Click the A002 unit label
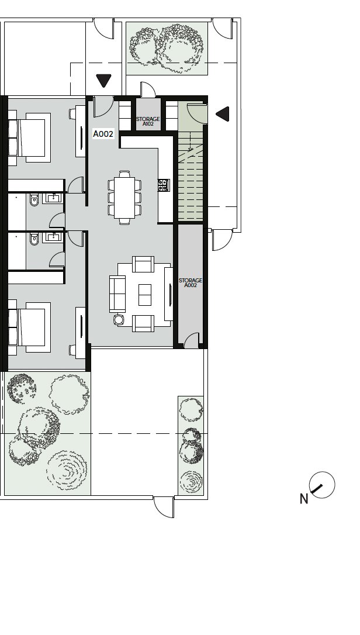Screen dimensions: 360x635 (103, 134)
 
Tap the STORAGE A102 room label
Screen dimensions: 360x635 (148, 122)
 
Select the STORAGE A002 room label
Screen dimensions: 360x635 (191, 282)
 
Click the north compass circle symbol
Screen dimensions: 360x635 (322, 485)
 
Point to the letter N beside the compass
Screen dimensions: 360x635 (304, 499)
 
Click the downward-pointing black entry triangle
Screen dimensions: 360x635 (103, 81)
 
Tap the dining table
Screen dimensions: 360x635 (124, 198)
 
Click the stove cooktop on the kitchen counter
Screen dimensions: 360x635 (164, 185)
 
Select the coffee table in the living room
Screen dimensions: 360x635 (145, 295)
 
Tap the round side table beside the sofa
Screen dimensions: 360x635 (119, 320)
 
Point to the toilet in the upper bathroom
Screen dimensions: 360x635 (34, 199)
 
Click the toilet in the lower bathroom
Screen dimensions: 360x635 (34, 239)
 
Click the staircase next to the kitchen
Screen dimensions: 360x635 (191, 176)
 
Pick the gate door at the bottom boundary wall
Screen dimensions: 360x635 (164, 507)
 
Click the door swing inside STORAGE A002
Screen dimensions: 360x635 (192, 340)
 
